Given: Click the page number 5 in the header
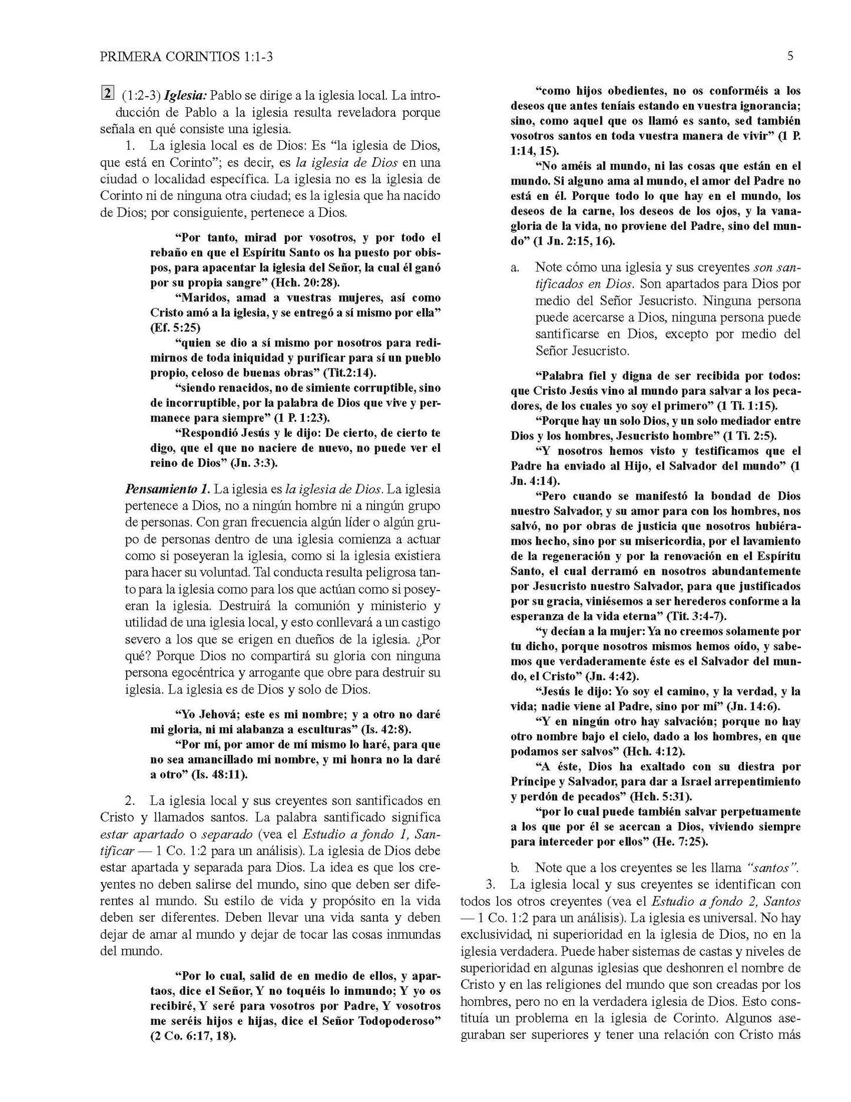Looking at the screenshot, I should pyautogui.click(x=790, y=57).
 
